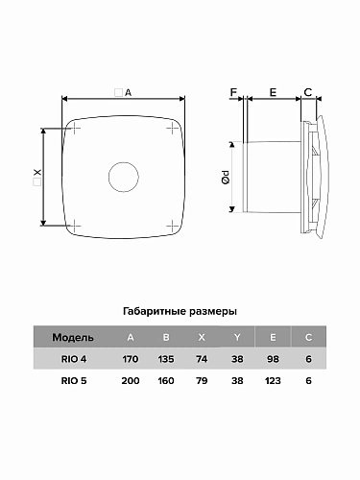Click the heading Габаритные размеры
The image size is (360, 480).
point(180,312)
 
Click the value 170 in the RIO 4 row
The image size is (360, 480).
point(130,359)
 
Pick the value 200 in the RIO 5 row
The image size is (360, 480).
point(130,380)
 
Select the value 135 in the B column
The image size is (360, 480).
point(165,359)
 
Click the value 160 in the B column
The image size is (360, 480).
point(165,380)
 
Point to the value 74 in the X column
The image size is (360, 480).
point(201,359)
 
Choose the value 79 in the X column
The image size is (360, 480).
point(201,380)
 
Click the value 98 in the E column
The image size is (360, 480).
point(272,359)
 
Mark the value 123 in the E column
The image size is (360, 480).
point(272,380)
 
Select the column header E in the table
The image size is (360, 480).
point(272,339)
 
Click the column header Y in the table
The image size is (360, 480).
point(236,339)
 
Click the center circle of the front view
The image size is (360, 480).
point(124,177)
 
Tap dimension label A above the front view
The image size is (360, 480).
point(127,92)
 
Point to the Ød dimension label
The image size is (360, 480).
point(224,178)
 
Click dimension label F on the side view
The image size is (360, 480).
point(233,92)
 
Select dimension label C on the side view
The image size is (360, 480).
point(306,92)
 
